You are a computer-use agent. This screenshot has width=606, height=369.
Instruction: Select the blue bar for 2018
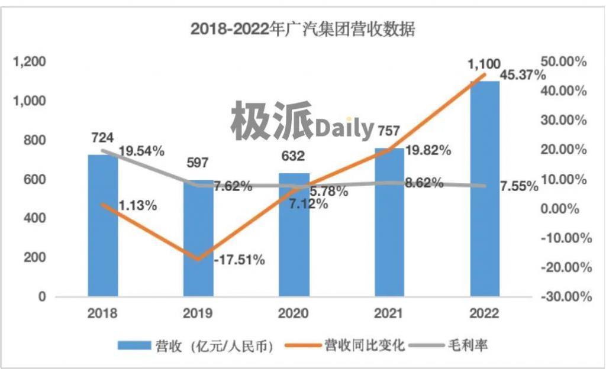tap(102, 237)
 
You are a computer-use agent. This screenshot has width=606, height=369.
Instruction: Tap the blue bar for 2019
tap(198, 248)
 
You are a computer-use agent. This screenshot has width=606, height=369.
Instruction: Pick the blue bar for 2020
tap(294, 242)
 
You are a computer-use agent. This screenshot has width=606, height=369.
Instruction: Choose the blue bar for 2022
tap(485, 189)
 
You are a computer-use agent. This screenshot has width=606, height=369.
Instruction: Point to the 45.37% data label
tap(523, 75)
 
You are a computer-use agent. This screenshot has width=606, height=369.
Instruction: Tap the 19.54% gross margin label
tap(141, 151)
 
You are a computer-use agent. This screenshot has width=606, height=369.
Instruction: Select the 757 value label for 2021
tap(389, 129)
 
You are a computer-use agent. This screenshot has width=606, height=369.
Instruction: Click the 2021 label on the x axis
tap(389, 313)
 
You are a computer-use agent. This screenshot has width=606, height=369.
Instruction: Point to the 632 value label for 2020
tap(293, 156)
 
